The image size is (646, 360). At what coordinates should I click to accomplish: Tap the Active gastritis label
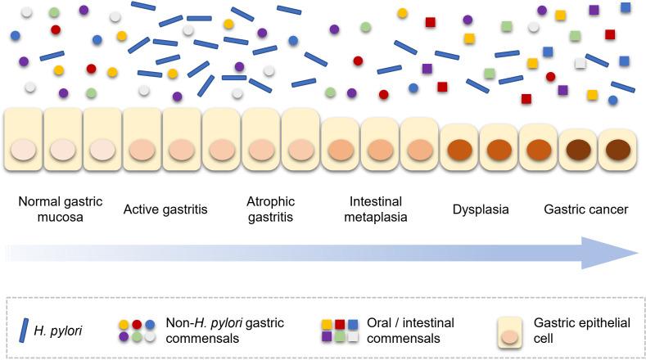pos(165,209)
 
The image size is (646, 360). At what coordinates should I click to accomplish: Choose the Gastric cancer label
pos(585,209)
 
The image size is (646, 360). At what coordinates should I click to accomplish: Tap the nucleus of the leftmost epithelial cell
pos(24,151)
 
